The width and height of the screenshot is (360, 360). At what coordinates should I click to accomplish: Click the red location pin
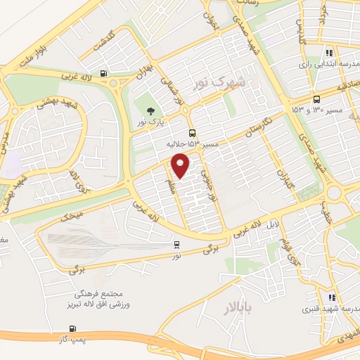(181, 165)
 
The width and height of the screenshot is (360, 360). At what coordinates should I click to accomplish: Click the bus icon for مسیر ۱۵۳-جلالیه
(192, 133)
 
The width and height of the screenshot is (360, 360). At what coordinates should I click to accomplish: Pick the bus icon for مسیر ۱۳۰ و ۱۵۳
(316, 99)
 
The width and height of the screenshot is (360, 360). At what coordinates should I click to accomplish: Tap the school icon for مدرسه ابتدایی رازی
(328, 52)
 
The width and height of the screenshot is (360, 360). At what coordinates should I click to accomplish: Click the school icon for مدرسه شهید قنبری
(332, 298)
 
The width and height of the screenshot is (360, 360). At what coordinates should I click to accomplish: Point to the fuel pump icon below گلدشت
(105, 73)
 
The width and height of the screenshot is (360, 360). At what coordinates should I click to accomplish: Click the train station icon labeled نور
(176, 245)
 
